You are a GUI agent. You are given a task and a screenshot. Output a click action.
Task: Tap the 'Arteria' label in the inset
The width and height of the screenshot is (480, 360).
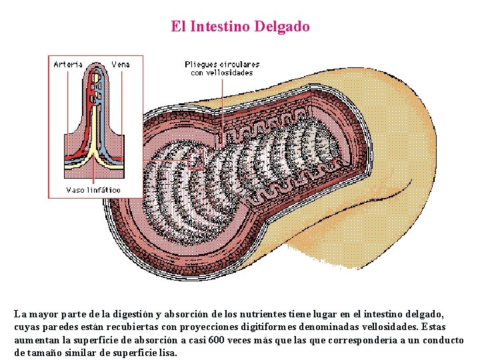[x=68, y=64]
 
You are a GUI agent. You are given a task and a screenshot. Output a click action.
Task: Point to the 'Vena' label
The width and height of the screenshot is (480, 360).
[x=120, y=64]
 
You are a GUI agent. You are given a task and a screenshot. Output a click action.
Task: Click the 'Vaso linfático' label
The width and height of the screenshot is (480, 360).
[x=93, y=190]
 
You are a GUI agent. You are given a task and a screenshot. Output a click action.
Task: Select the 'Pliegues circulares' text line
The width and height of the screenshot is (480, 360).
[x=222, y=64]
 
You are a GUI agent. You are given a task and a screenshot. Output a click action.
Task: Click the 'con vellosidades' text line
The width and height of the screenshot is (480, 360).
[x=222, y=73]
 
